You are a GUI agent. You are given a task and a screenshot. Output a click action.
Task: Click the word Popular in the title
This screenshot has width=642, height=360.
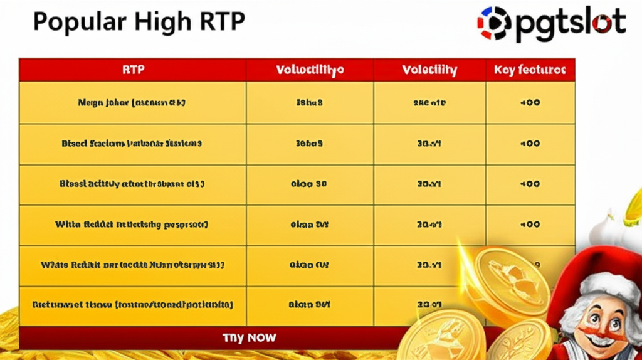[x=70, y=21]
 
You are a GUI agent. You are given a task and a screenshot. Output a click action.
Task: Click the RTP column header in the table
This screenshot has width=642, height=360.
[x=133, y=70]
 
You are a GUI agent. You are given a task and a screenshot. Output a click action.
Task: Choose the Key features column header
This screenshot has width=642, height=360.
[x=530, y=70]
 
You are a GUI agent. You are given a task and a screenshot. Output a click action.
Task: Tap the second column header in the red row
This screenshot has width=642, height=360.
[x=310, y=70]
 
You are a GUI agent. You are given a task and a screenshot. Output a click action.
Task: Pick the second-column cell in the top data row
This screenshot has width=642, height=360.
[x=309, y=102]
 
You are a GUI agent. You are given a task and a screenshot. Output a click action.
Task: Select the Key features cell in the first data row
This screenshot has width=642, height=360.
[x=530, y=102]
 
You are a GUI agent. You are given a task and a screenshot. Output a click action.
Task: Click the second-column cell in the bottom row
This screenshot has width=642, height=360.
[x=309, y=305]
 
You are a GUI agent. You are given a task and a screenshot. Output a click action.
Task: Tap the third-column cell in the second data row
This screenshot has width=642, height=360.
[x=429, y=144]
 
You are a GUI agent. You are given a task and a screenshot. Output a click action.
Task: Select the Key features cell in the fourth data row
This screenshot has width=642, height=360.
[x=530, y=224]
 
